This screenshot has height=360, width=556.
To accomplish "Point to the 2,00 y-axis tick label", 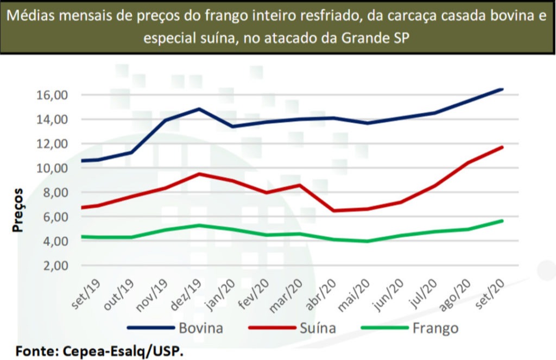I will coord(54,266).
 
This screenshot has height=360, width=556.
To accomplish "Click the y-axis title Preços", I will coord(18,210).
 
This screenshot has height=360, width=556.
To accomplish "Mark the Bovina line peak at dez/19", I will coord(199,109).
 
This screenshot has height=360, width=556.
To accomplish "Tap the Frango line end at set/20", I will coord(502,220).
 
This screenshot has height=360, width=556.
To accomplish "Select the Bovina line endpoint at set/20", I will coord(502,89).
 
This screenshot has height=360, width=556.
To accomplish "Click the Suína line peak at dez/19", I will coord(199,174).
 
